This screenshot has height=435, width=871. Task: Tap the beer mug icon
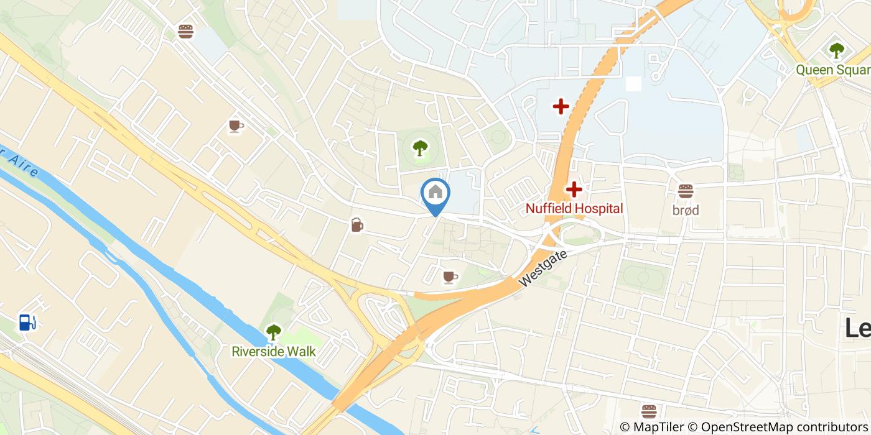pyautogui.click(x=356, y=225)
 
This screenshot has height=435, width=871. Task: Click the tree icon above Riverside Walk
pyautogui.click(x=273, y=332)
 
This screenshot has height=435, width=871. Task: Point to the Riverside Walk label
pyautogui.click(x=273, y=351)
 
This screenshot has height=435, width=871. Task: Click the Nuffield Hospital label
pyautogui.click(x=574, y=208)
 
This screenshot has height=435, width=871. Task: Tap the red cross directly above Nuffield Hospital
pyautogui.click(x=574, y=189)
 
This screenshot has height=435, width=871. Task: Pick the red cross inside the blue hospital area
pyautogui.click(x=561, y=107)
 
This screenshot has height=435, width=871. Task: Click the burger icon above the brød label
pyautogui.click(x=685, y=191)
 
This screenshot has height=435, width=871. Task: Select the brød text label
pyautogui.click(x=685, y=210)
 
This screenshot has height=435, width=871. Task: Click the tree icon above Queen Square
pyautogui.click(x=836, y=50)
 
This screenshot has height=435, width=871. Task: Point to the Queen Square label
pyautogui.click(x=832, y=70)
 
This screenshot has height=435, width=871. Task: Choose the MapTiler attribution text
pyautogui.click(x=651, y=427)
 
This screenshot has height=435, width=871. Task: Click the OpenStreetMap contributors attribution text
pyautogui.click(x=778, y=427)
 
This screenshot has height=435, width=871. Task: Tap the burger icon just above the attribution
pyautogui.click(x=649, y=411)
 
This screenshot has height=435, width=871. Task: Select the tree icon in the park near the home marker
pyautogui.click(x=420, y=148)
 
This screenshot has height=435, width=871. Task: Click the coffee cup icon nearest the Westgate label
pyautogui.click(x=450, y=277)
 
